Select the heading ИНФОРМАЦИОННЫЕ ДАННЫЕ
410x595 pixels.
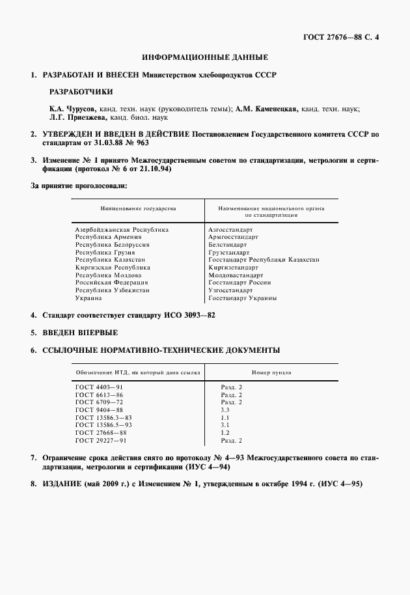pos(205,58)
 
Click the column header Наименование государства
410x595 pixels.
pos(137,208)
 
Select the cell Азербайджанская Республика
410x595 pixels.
pos(122,230)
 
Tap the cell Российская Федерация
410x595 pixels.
pos(113,283)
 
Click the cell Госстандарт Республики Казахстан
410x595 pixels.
pos(264,260)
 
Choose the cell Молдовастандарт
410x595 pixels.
pos(236,275)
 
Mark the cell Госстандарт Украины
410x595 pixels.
pos(242,297)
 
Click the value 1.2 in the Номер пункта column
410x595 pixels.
pos(225,433)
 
